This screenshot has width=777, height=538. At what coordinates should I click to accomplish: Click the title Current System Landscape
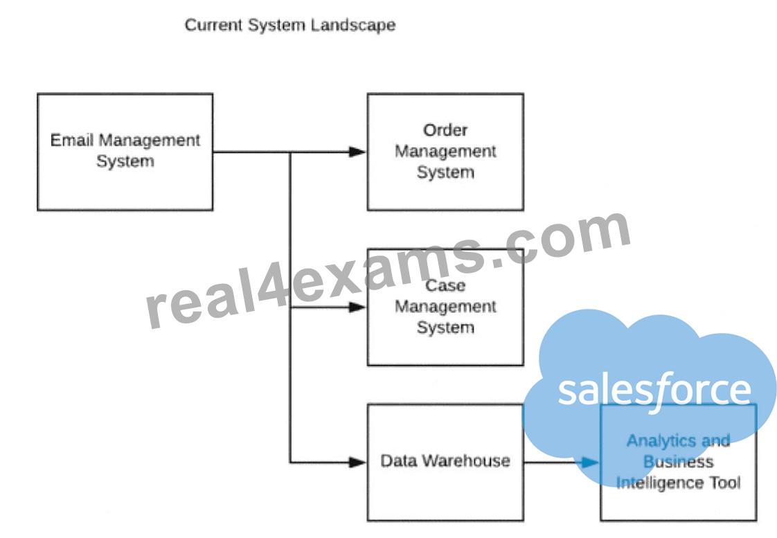[290, 25]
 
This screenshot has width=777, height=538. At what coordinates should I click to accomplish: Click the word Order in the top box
[445, 130]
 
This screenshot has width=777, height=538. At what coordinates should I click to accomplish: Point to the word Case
[445, 286]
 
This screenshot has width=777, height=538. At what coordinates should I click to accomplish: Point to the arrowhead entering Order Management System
[358, 152]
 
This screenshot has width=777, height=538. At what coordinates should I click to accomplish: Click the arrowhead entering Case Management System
[358, 307]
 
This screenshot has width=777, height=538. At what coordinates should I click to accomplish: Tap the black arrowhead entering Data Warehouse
[358, 463]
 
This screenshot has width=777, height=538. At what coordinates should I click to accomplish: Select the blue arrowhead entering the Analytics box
[591, 463]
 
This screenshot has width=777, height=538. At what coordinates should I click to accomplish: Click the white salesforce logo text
[654, 391]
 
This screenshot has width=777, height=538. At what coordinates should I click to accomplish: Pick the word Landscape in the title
[354, 25]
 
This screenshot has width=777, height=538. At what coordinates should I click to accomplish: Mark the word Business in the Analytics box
[679, 462]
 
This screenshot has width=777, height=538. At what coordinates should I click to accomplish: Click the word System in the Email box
[125, 161]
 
